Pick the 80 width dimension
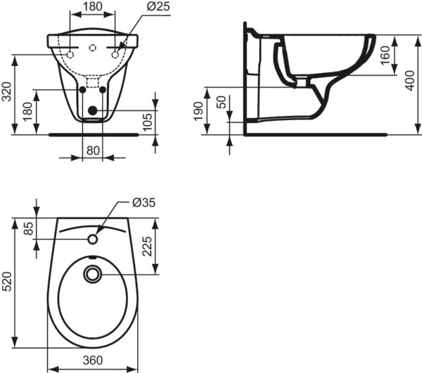pos(93,149)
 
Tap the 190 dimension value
pos(199,111)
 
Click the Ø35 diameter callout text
pos(143,203)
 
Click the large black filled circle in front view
pos(93,110)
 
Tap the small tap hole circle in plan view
pos(93,240)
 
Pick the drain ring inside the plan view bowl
pos(93,275)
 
